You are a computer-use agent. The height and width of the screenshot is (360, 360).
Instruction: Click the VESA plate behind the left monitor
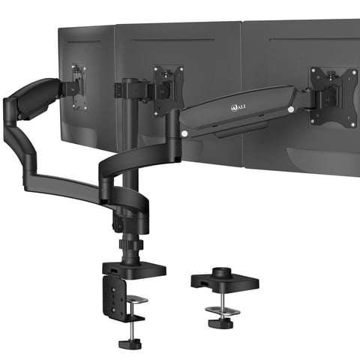point(77,82)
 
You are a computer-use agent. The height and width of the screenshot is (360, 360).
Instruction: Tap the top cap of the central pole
point(129,81)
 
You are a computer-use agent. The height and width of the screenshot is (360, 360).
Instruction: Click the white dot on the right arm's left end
point(184,133)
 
